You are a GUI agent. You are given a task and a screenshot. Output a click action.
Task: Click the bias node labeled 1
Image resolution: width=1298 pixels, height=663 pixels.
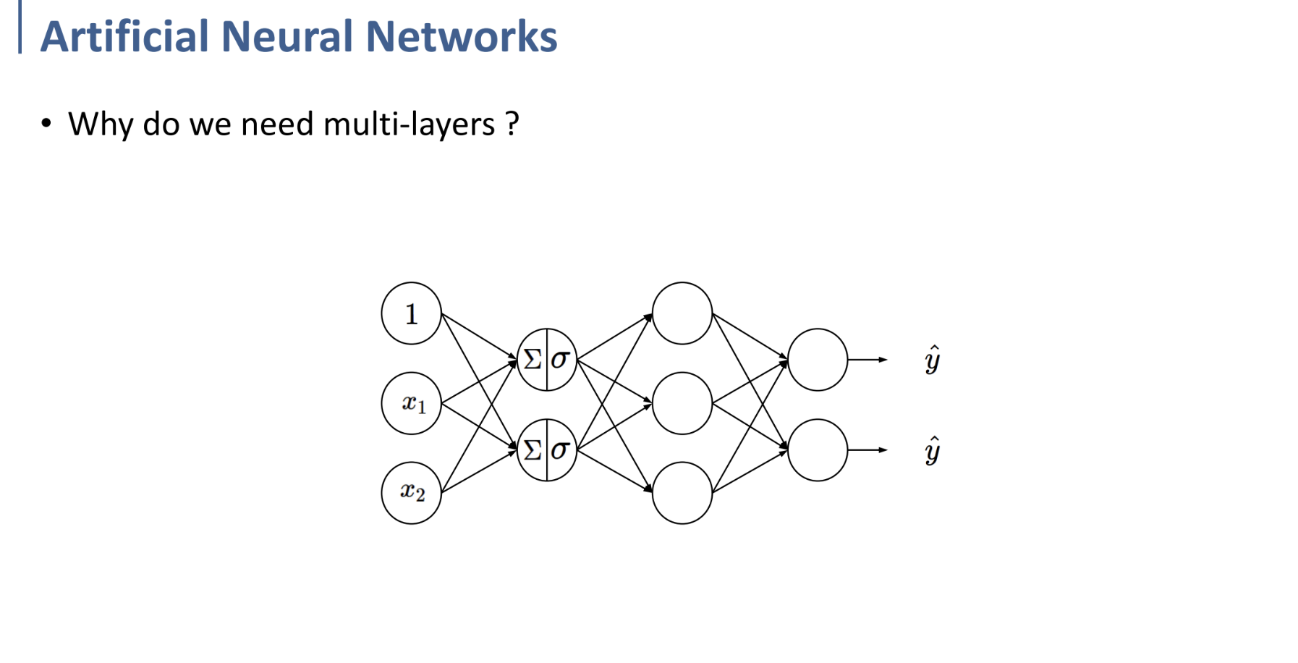point(411,313)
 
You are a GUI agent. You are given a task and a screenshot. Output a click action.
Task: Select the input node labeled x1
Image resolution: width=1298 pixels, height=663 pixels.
point(411,403)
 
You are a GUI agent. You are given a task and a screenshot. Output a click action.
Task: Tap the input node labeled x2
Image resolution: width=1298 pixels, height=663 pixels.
point(411,493)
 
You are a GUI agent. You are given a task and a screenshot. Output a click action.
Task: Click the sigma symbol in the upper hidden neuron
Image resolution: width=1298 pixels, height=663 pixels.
point(560,359)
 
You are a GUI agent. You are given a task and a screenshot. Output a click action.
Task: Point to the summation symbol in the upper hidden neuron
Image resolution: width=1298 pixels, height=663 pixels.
point(533,359)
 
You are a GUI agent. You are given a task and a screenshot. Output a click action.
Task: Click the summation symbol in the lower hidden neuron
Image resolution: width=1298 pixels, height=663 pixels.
point(533,450)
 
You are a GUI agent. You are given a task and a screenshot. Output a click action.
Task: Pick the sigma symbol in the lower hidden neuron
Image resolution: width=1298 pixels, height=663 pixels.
point(560,450)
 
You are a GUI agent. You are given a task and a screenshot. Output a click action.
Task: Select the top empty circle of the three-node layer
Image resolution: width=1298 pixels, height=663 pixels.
point(682,313)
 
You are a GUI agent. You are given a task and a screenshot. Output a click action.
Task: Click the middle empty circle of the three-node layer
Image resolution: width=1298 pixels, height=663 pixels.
point(682,403)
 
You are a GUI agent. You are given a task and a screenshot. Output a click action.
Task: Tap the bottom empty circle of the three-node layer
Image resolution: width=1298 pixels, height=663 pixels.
point(682,493)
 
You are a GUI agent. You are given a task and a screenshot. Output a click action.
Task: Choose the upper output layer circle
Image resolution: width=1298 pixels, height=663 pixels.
point(817,360)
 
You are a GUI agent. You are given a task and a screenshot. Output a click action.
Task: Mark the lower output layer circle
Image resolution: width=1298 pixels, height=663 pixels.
point(817,450)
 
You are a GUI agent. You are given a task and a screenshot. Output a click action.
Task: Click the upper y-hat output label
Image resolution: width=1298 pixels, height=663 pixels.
point(933,360)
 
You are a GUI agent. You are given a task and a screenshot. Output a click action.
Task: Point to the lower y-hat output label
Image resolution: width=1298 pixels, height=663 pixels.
point(933,450)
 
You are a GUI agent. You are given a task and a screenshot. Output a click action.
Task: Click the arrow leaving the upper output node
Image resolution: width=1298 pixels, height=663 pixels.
point(868,360)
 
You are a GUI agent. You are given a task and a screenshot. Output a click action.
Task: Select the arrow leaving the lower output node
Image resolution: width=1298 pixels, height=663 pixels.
point(868,450)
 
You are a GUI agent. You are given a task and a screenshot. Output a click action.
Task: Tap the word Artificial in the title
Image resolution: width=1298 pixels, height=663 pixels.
point(124,36)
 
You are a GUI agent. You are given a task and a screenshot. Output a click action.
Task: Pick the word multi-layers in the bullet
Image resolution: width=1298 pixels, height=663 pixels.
point(409,124)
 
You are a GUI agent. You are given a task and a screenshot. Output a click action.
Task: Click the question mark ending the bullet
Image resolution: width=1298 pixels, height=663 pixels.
point(512,124)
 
